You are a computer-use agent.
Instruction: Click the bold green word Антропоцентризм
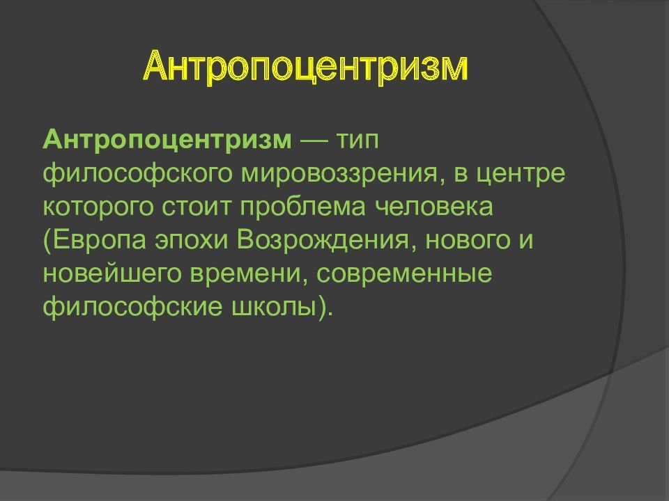(167, 140)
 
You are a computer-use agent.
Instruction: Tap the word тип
(357, 140)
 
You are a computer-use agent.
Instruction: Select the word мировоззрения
(340, 174)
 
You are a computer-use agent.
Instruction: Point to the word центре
(521, 175)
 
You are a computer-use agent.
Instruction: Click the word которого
(98, 207)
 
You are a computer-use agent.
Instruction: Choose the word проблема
(303, 207)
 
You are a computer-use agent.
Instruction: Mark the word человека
(434, 207)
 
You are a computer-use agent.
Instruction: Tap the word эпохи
(192, 241)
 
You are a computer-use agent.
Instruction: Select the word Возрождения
(326, 241)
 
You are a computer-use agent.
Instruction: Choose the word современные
(404, 274)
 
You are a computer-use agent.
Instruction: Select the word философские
(132, 306)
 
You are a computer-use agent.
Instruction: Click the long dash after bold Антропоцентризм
(314, 141)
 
